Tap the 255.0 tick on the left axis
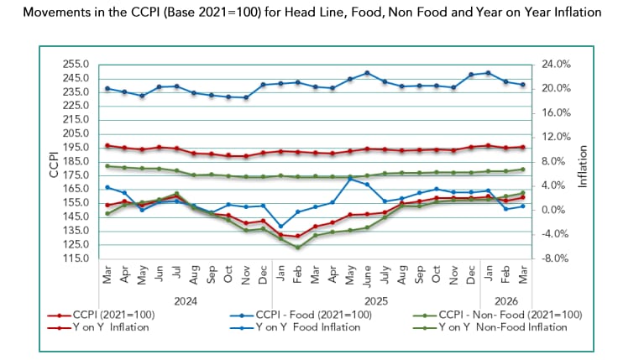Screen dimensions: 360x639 [79, 64]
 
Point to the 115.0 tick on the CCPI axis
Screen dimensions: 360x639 [79, 258]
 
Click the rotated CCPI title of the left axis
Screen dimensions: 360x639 [53, 161]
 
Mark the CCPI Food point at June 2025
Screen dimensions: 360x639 [368, 73]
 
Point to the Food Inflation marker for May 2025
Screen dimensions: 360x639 [350, 179]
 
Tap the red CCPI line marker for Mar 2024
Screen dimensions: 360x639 [107, 146]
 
